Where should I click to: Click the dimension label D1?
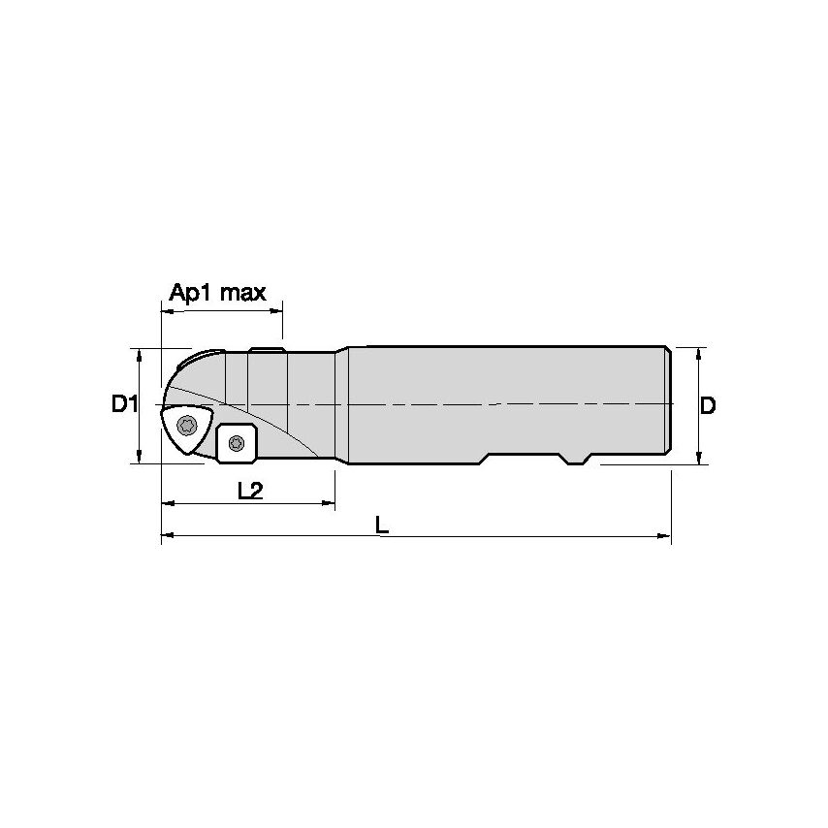click(123, 404)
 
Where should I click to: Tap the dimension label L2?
click(250, 491)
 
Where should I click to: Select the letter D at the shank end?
click(708, 405)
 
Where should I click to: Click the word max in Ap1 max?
click(241, 293)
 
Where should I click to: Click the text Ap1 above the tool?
click(191, 293)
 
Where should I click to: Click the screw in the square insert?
click(236, 444)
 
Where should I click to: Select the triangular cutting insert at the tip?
click(184, 427)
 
